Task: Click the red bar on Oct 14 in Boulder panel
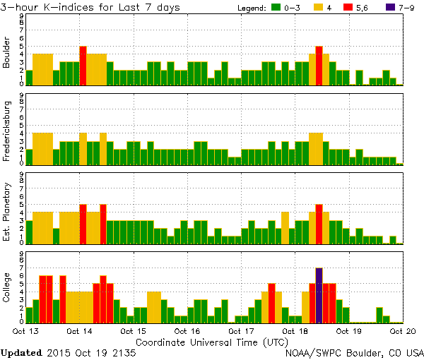pos(83,66)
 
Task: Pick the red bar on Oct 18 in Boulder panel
pos(319,66)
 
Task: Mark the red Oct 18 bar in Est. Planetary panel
pos(319,224)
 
